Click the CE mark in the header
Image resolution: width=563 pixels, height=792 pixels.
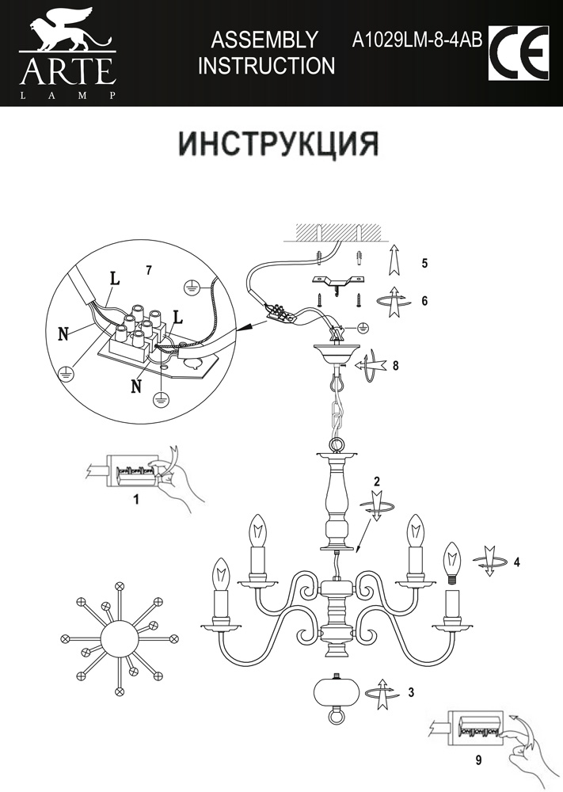(x=519, y=53)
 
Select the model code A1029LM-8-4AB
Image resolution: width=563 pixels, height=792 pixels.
(x=417, y=40)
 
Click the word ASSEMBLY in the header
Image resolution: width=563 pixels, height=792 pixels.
(x=265, y=40)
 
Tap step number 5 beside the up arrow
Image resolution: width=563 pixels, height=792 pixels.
(x=424, y=262)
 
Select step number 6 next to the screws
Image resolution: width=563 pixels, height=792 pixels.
(x=424, y=301)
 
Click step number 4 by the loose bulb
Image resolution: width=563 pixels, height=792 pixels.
(x=516, y=563)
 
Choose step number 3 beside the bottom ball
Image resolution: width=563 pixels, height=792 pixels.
(x=411, y=691)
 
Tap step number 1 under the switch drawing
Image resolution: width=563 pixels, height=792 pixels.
(x=135, y=500)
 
